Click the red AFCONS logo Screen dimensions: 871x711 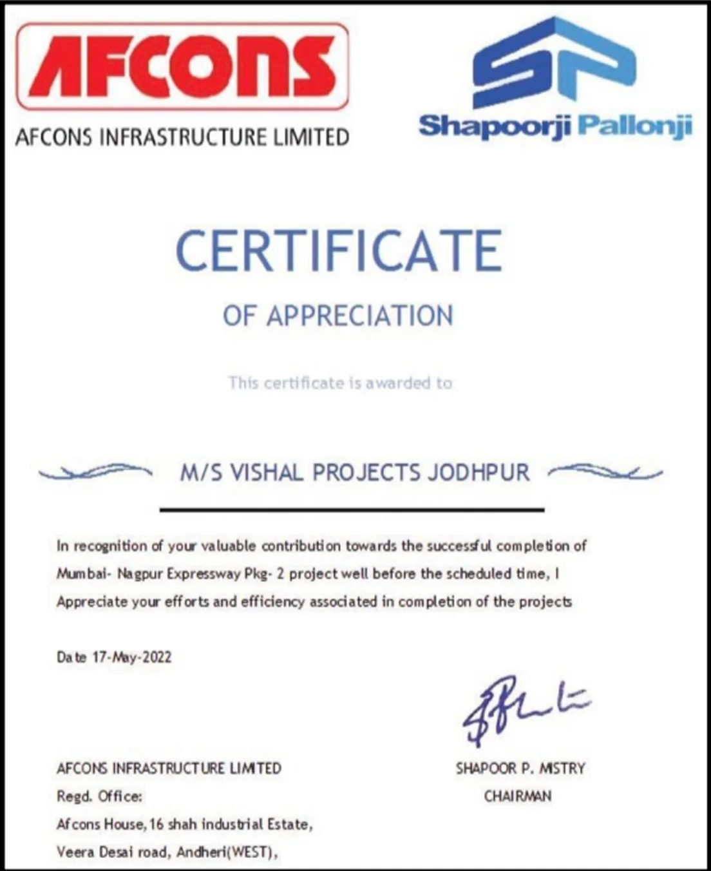point(182,66)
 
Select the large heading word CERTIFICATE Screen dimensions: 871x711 point(339,251)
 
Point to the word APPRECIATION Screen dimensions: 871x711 point(360,316)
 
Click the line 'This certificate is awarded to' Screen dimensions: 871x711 point(340,383)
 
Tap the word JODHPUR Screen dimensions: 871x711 point(479,473)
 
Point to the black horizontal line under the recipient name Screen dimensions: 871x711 point(352,510)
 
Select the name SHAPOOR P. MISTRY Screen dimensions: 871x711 point(520,768)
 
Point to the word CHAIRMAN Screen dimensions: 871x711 point(518,796)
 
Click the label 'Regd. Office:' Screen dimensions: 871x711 point(99,796)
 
